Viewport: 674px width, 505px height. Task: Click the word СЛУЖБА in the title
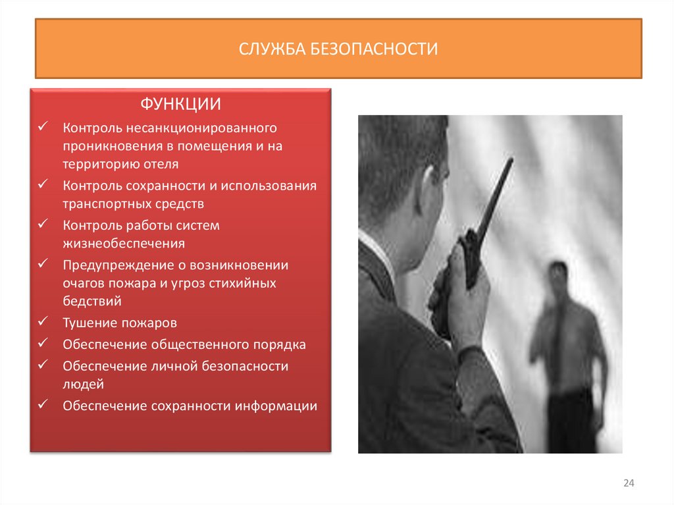pos(271,49)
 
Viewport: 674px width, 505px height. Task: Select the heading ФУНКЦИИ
pos(180,105)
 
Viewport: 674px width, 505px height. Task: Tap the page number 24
pos(628,484)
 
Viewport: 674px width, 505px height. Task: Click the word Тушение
pos(90,323)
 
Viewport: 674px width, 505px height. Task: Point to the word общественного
pos(199,344)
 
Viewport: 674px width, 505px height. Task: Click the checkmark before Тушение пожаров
pos(43,323)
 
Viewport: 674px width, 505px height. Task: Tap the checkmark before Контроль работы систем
pos(43,225)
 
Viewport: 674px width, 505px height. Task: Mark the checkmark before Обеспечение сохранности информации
pos(43,405)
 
